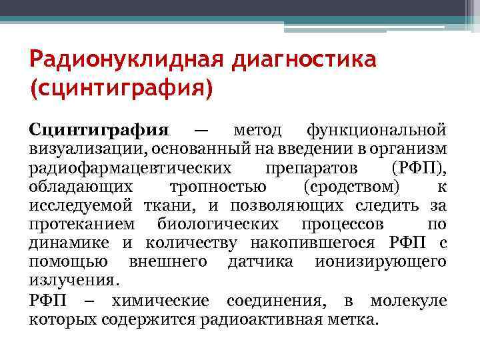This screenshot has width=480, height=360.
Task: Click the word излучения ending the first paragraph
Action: coord(74,279)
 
